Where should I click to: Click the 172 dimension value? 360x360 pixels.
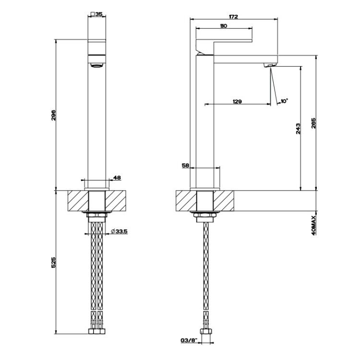click(x=233, y=17)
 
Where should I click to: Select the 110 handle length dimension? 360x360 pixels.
click(x=223, y=26)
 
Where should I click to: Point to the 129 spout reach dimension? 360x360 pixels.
click(x=237, y=101)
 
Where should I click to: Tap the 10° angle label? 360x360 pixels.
click(x=284, y=101)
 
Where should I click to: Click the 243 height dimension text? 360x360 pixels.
click(x=298, y=129)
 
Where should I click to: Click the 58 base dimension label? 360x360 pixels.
click(x=185, y=165)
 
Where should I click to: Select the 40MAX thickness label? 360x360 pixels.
click(x=314, y=225)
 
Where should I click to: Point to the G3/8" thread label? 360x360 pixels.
click(x=189, y=340)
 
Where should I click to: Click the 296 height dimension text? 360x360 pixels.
click(x=53, y=116)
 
